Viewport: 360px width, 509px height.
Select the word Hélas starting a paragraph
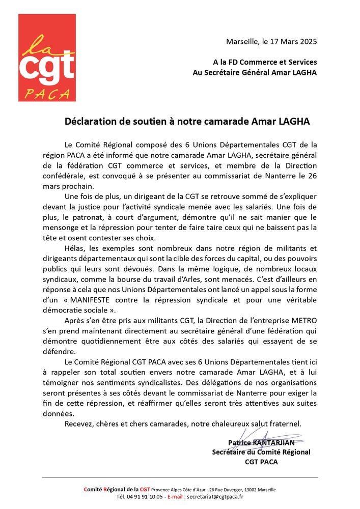(x=76, y=248)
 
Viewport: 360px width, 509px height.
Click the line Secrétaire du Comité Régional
(x=261, y=452)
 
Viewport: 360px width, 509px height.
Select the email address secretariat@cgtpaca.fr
(x=213, y=497)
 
